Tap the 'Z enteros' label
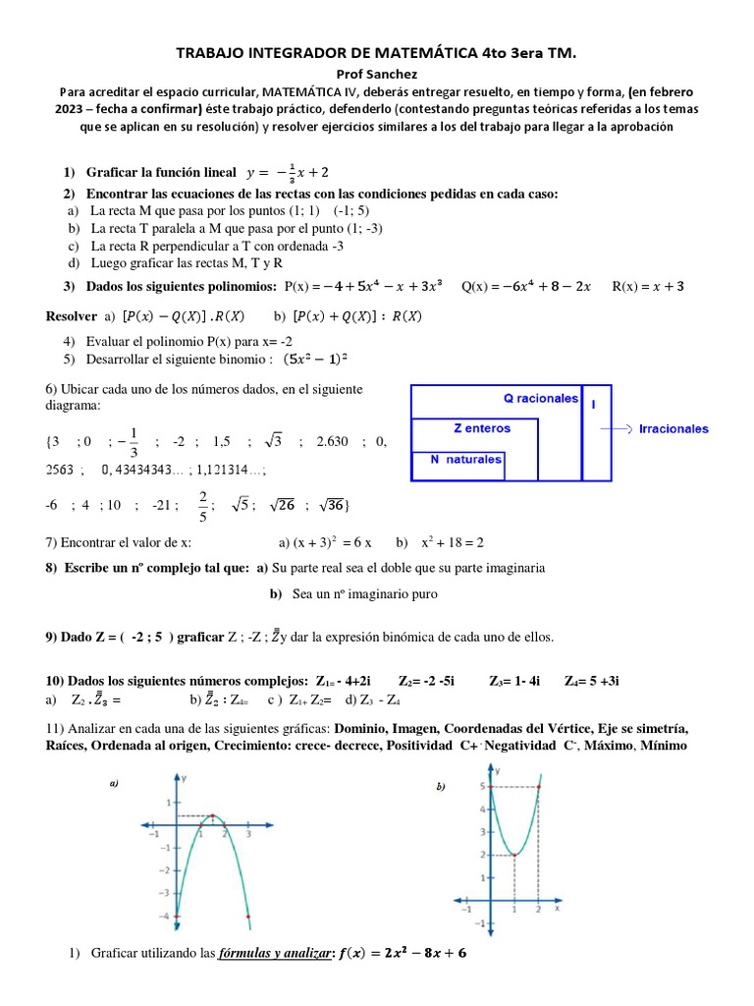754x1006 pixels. pos(482,428)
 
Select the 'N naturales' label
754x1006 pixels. pos(466,459)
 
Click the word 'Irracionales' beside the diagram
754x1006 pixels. pos(673,429)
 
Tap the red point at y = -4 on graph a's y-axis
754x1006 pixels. pos(178,916)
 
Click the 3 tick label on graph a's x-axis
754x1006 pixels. pos(248,834)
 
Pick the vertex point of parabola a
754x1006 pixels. pos(213,815)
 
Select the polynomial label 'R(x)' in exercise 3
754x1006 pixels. pos(628,287)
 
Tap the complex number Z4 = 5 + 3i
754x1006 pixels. pos(591,681)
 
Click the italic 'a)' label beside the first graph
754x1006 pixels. pos(114,783)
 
